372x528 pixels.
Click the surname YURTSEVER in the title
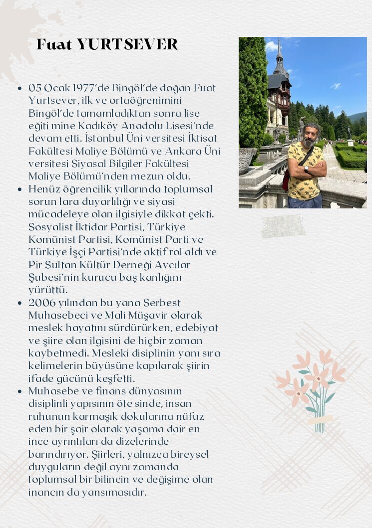tap(127, 45)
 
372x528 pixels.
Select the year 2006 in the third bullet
tap(41, 303)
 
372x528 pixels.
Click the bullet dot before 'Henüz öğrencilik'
tap(19, 189)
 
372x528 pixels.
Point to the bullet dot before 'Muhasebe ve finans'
tap(19, 391)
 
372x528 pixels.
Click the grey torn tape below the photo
tap(283, 226)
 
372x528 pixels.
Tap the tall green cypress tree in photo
tap(252, 90)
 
